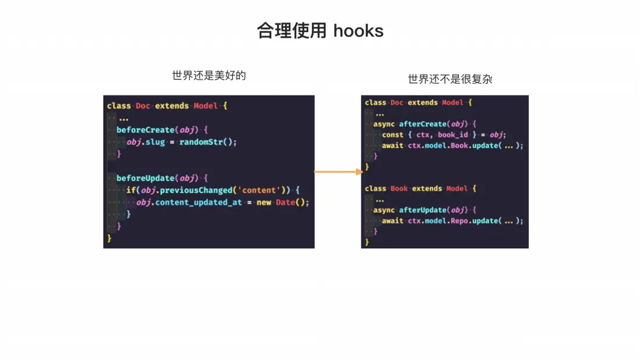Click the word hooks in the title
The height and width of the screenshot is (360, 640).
tap(358, 30)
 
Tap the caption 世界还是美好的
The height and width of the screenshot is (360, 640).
tap(209, 75)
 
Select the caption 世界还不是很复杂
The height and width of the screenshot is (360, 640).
tap(450, 79)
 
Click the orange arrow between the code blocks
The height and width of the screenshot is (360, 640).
tap(339, 172)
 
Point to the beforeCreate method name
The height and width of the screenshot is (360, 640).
tap(145, 130)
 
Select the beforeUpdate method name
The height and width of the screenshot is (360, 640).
tap(145, 178)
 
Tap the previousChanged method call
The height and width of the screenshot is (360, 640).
tap(196, 190)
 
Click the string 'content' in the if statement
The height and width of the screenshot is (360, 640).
tap(259, 190)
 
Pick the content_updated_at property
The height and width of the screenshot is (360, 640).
tap(198, 202)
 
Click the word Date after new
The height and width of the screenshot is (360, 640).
tap(285, 202)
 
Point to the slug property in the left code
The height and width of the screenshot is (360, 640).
tap(155, 142)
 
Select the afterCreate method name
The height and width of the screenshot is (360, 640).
tap(423, 124)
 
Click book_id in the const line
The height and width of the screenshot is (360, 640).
tap(453, 135)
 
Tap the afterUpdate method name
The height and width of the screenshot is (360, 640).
tap(423, 210)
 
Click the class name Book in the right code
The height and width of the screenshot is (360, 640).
tap(399, 188)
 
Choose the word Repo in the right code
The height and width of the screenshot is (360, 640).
tap(459, 221)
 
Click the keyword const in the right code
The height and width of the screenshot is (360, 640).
tap(393, 135)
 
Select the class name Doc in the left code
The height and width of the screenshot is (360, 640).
tap(143, 105)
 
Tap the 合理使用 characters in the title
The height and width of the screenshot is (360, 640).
tap(291, 30)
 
